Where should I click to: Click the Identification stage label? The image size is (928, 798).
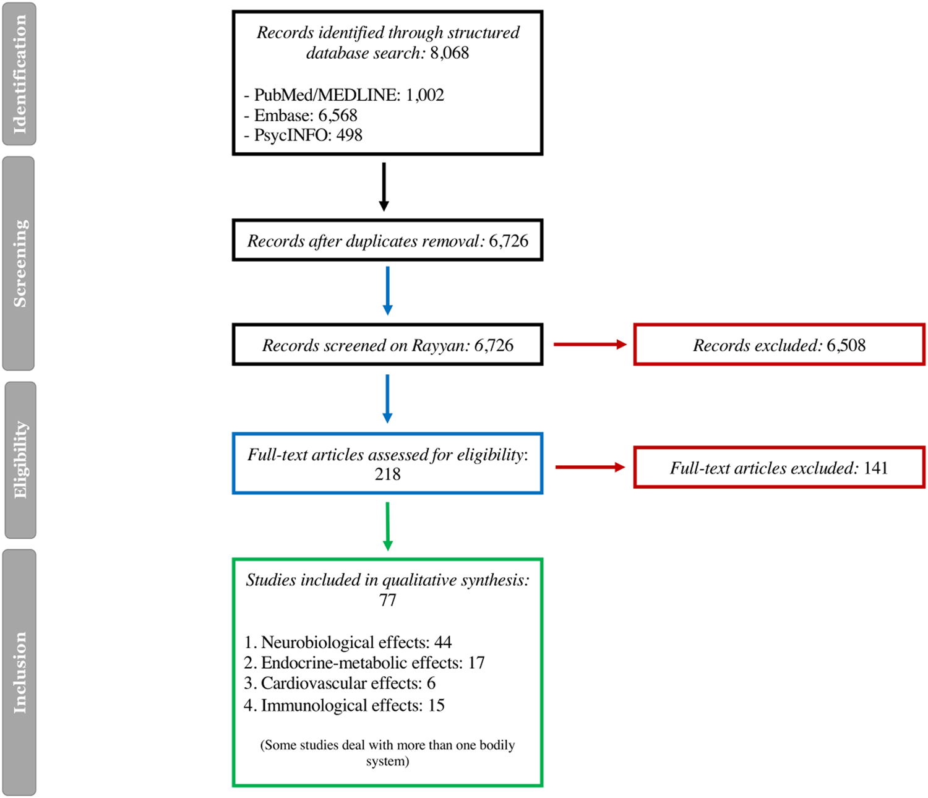pos(19,74)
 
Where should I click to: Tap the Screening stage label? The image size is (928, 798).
pos(19,263)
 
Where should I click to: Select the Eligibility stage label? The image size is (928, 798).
pos(20,460)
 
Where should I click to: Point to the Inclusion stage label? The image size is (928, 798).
pos(19,672)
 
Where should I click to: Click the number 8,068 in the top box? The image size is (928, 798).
pos(450,53)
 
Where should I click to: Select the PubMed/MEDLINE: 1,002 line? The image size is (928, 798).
pos(344,95)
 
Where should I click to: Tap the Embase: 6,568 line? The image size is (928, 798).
pos(301,115)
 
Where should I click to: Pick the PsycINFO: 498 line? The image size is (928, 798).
pos(303,135)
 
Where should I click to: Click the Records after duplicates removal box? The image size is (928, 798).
pos(387,241)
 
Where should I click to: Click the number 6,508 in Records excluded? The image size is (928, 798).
pos(846,345)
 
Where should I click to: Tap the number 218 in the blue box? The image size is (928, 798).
pos(387,474)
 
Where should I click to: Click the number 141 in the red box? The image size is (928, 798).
pos(875,468)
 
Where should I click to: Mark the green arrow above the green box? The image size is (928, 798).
pos(387,526)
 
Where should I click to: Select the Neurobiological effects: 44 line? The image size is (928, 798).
pos(348,642)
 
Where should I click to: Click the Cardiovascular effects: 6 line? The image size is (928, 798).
pos(340,683)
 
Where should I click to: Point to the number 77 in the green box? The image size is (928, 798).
pos(387,600)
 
